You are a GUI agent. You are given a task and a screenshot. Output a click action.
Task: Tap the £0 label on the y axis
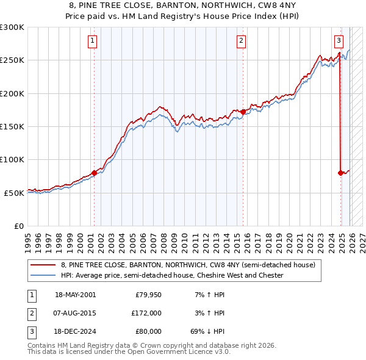click(x=18, y=226)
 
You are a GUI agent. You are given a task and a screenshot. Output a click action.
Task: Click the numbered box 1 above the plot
click(x=92, y=41)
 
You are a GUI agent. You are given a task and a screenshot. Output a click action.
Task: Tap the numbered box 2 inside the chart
click(x=241, y=41)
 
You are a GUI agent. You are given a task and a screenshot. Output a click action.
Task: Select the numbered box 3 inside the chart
click(x=339, y=41)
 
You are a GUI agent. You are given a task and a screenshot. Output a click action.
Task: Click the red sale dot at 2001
click(x=94, y=173)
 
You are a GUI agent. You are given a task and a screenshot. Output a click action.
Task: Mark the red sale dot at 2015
click(x=243, y=112)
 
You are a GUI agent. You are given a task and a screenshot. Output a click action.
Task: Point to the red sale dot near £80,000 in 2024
click(x=340, y=173)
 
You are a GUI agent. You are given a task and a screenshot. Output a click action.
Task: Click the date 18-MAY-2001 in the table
click(x=75, y=295)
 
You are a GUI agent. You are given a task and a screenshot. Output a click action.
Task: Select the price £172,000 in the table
click(x=146, y=313)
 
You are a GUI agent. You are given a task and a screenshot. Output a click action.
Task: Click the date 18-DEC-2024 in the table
click(x=75, y=331)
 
